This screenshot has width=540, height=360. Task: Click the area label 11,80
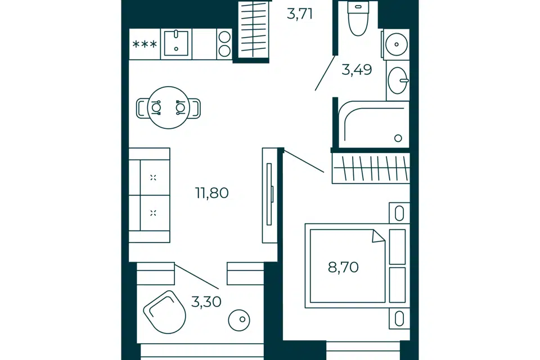(212, 193)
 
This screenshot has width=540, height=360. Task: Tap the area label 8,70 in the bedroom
(343, 267)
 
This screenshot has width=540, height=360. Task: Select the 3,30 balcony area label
(206, 301)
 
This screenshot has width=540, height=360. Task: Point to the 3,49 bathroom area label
(357, 70)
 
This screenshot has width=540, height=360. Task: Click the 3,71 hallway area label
(300, 14)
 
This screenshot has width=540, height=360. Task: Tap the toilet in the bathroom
(358, 19)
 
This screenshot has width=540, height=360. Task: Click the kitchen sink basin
(176, 43)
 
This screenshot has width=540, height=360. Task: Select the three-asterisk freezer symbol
(145, 44)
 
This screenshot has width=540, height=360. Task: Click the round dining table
(168, 107)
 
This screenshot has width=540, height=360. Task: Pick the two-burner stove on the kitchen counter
(224, 44)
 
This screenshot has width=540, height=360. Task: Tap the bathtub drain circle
(398, 138)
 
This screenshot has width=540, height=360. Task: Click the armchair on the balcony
(165, 312)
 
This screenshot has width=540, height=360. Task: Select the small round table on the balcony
(239, 319)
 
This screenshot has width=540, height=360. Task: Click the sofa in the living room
(150, 195)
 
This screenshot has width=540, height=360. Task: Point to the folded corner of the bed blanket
(378, 236)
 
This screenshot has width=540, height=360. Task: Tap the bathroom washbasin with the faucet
(398, 80)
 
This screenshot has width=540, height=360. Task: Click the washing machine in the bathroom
(396, 44)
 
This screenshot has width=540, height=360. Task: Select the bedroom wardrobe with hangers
(371, 168)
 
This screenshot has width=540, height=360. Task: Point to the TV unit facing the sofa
(269, 195)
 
